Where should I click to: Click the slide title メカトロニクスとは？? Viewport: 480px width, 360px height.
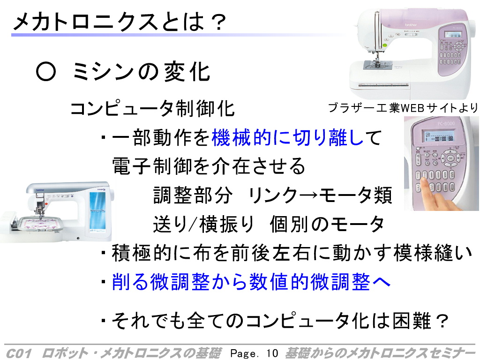[x=120, y=22]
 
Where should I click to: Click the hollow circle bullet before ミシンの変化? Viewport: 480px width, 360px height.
[x=46, y=72]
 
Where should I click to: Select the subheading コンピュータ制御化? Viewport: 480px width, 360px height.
[x=152, y=108]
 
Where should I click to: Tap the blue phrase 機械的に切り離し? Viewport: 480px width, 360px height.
[x=287, y=137]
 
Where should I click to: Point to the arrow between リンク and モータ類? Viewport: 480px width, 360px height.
[x=308, y=195]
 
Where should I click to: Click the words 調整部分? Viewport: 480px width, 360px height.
[x=193, y=195]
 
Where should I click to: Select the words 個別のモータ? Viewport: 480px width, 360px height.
[x=327, y=224]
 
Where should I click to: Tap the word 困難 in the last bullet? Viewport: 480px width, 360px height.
[x=412, y=321]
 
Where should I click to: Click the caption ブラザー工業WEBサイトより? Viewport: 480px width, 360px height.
[x=403, y=108]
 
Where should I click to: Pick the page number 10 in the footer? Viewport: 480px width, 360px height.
[x=272, y=353]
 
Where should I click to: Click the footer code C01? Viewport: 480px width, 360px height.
[x=19, y=353]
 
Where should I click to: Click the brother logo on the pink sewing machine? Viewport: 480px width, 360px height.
[x=411, y=25]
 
